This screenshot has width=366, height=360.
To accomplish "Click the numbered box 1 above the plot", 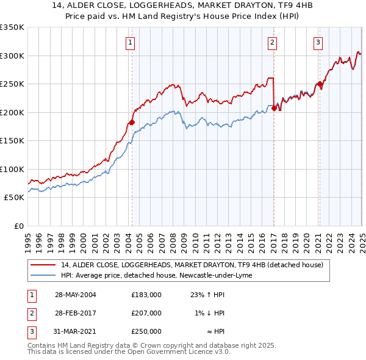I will (x=131, y=42).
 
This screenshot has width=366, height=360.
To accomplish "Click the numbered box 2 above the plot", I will (x=272, y=42).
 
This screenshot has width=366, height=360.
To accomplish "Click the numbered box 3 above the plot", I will (x=318, y=42).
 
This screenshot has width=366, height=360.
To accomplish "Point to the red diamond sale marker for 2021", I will (x=320, y=84).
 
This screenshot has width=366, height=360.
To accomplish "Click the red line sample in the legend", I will (x=43, y=265).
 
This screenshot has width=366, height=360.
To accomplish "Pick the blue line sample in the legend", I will (x=43, y=275).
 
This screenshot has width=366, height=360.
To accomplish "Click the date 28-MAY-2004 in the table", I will (x=76, y=294).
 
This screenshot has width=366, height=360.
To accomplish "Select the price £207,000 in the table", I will (x=146, y=313).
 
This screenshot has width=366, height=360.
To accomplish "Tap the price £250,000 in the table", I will (x=146, y=331).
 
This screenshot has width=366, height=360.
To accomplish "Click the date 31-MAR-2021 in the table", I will (x=76, y=331).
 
